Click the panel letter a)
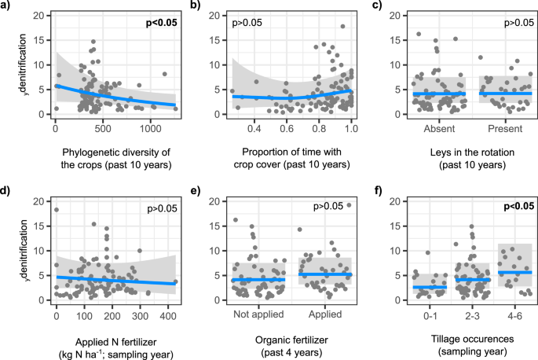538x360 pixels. [x=7, y=6]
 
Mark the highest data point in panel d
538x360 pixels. [x=56, y=210]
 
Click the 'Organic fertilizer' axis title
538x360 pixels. [x=292, y=340]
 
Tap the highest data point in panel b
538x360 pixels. [x=342, y=27]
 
